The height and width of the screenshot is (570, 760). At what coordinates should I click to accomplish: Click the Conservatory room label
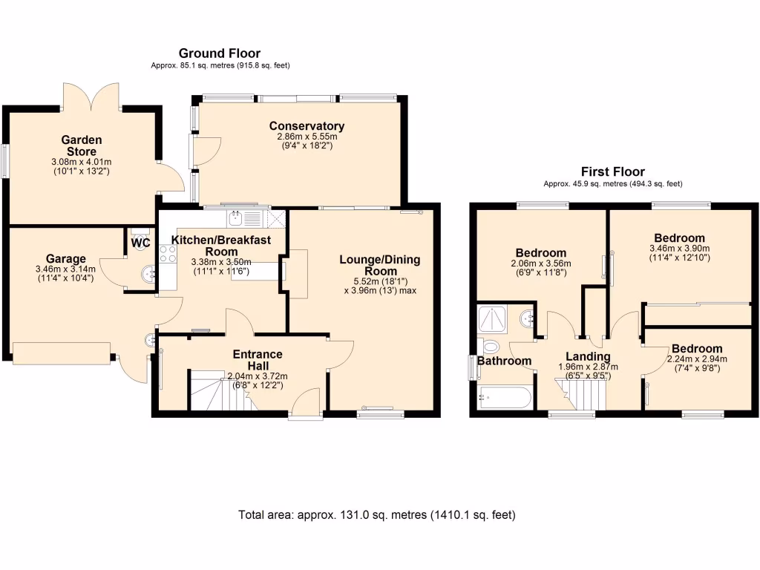pyautogui.click(x=307, y=126)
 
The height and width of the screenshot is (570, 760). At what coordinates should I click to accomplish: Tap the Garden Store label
pyautogui.click(x=82, y=145)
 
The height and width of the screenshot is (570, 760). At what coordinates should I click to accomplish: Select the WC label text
pyautogui.click(x=140, y=243)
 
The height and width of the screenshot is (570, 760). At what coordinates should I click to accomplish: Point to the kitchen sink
pyautogui.click(x=236, y=219)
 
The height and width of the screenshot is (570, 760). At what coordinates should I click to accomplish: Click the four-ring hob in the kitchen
pyautogui.click(x=168, y=255)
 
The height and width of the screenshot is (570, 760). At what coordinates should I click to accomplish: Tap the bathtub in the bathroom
pyautogui.click(x=505, y=398)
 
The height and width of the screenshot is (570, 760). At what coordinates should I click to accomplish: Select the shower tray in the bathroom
pyautogui.click(x=492, y=320)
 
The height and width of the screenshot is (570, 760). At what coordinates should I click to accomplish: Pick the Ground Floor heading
pyautogui.click(x=220, y=53)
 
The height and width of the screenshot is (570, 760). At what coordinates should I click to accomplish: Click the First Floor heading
pyautogui.click(x=612, y=171)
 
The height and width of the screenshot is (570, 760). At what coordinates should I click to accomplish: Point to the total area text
pyautogui.click(x=376, y=515)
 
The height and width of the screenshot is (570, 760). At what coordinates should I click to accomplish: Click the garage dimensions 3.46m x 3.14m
pyautogui.click(x=65, y=269)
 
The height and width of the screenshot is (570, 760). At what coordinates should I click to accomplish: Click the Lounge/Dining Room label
pyautogui.click(x=380, y=265)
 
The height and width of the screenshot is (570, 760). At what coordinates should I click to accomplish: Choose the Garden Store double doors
pyautogui.click(x=91, y=96)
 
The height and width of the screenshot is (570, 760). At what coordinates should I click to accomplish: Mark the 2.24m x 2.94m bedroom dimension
pyautogui.click(x=697, y=359)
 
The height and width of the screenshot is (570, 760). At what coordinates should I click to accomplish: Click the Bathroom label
pyautogui.click(x=504, y=361)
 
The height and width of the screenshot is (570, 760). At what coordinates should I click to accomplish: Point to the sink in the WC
pyautogui.click(x=148, y=275)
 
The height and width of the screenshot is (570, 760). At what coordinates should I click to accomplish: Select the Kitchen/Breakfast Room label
pyautogui.click(x=221, y=246)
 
